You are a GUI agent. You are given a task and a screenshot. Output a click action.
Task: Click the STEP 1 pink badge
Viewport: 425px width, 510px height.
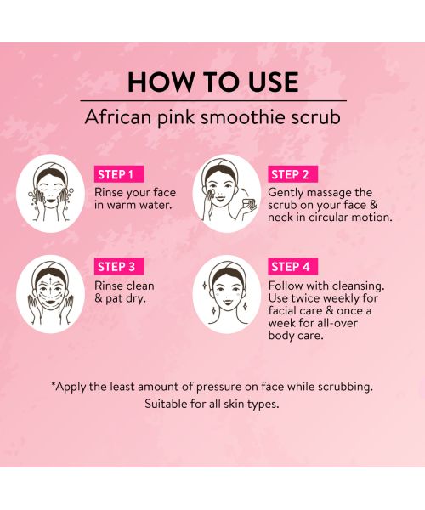(117, 174)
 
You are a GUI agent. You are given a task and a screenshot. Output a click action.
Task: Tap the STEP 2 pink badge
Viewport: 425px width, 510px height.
(290, 174)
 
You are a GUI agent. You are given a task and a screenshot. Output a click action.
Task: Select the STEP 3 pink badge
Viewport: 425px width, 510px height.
(117, 267)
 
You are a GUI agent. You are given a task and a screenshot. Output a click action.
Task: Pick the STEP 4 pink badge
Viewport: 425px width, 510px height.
(290, 267)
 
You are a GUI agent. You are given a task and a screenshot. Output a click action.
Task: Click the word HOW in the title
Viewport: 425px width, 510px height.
(160, 82)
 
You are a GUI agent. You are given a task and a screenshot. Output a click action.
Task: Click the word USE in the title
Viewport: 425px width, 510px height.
(269, 82)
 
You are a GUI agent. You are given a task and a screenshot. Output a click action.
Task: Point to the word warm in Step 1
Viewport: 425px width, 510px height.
(125, 205)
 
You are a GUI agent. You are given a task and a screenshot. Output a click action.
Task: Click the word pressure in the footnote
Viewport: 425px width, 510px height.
(234, 387)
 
